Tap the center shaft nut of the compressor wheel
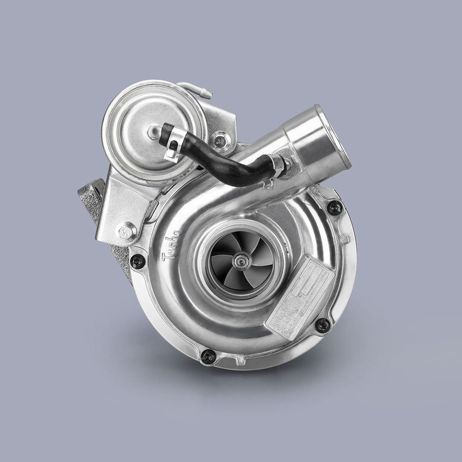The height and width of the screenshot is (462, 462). [x=241, y=262]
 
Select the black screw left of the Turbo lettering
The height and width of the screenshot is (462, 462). [x=137, y=261]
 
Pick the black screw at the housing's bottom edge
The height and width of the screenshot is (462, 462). [x=208, y=356]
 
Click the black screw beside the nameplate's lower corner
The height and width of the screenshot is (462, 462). [x=322, y=325]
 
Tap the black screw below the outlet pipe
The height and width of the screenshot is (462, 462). [x=334, y=207]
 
